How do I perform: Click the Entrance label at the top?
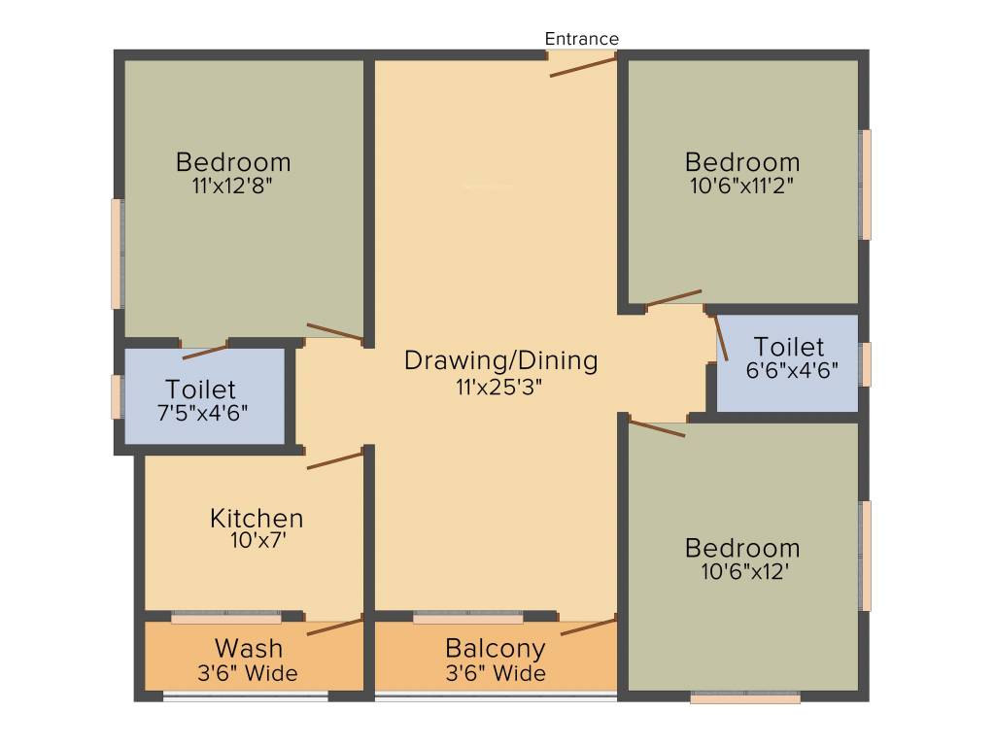click(x=581, y=39)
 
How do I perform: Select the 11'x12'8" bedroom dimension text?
click(x=233, y=185)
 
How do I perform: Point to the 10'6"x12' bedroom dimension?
click(x=742, y=571)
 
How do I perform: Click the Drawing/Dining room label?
click(x=500, y=360)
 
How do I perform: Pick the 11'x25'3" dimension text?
click(x=500, y=386)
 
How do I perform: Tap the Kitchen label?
click(x=257, y=518)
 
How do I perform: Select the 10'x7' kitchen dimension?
click(x=257, y=541)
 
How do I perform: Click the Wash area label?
click(x=249, y=648)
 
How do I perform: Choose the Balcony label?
click(x=495, y=648)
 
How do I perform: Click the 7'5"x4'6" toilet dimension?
click(x=203, y=411)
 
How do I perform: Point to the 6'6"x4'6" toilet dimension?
click(x=791, y=370)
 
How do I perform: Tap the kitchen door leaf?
click(x=335, y=459)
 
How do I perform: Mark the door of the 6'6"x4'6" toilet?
click(x=722, y=338)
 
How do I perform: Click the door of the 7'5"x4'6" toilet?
click(x=206, y=352)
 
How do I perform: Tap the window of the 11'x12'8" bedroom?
click(x=118, y=254)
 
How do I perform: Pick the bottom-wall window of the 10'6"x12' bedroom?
click(x=745, y=697)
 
